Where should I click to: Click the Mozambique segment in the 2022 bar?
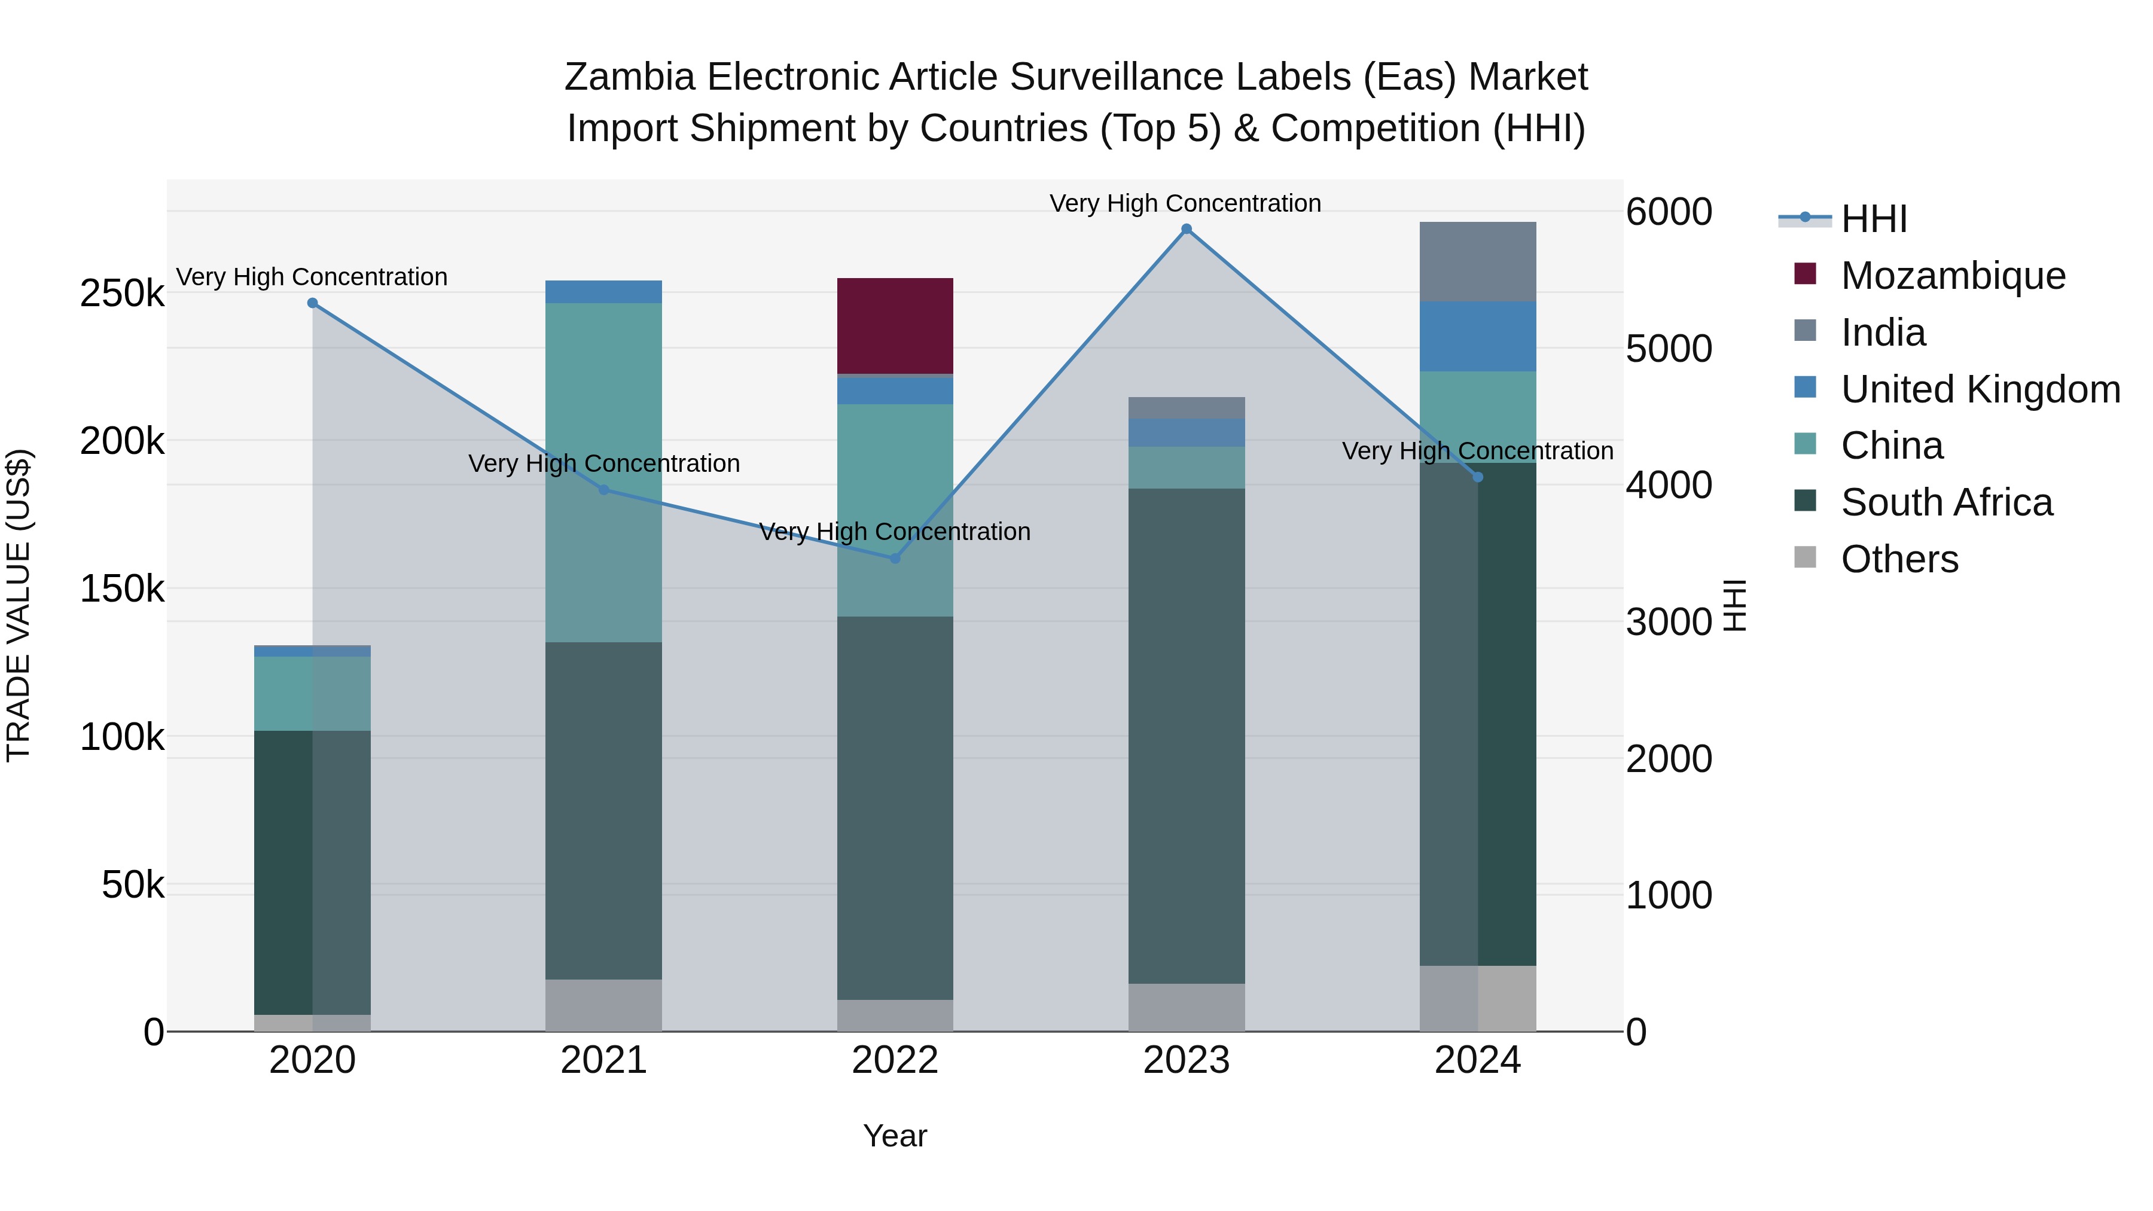tap(895, 326)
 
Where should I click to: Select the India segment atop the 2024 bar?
tap(1478, 261)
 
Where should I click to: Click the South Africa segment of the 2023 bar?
tap(1186, 736)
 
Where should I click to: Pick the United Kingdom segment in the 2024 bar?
tap(1478, 336)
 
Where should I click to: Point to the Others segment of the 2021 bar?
tap(603, 1005)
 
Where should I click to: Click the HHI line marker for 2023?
tap(1186, 229)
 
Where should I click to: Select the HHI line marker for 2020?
tap(313, 303)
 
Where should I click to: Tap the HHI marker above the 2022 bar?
tap(895, 559)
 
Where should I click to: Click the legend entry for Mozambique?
tap(1953, 276)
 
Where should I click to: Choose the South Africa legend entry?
tap(1945, 502)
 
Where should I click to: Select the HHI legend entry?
tap(1874, 219)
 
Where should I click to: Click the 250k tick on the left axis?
tap(122, 294)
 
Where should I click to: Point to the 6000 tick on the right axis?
tap(1668, 212)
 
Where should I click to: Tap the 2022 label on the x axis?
tap(895, 1060)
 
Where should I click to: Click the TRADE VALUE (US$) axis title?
tap(19, 605)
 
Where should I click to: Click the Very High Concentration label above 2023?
tap(1185, 203)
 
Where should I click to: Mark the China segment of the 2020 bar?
tap(313, 694)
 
